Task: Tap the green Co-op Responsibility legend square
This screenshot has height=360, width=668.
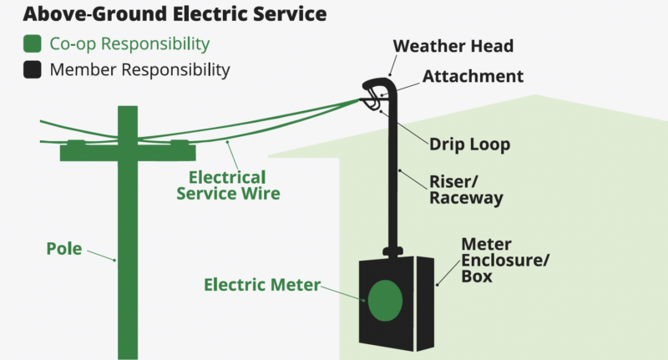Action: (x=33, y=43)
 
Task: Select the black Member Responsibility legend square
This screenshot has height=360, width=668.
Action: (x=33, y=69)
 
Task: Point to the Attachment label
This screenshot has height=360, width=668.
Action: (x=473, y=76)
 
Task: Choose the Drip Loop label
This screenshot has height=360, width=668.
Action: (x=469, y=145)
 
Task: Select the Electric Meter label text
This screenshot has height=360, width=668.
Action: (x=261, y=285)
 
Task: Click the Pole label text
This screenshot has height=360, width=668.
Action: (x=63, y=249)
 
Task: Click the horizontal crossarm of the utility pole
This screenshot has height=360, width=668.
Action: (x=128, y=151)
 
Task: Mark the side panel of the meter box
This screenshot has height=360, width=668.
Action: (x=426, y=301)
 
